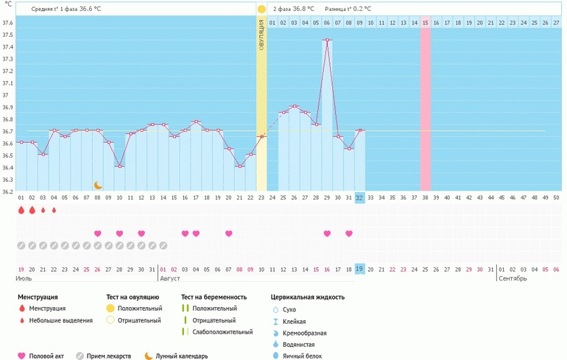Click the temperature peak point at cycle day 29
327,40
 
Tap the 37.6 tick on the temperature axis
7,23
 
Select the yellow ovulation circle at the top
261,10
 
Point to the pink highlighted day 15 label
425,23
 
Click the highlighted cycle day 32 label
359,197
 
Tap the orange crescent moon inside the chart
97,185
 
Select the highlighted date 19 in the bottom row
359,269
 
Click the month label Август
170,279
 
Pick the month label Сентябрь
513,279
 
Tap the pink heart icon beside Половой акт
21,356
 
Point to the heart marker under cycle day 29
327,233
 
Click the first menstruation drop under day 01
21,210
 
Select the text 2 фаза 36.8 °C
293,9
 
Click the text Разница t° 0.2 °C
348,9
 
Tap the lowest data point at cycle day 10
119,166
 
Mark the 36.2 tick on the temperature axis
7,191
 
